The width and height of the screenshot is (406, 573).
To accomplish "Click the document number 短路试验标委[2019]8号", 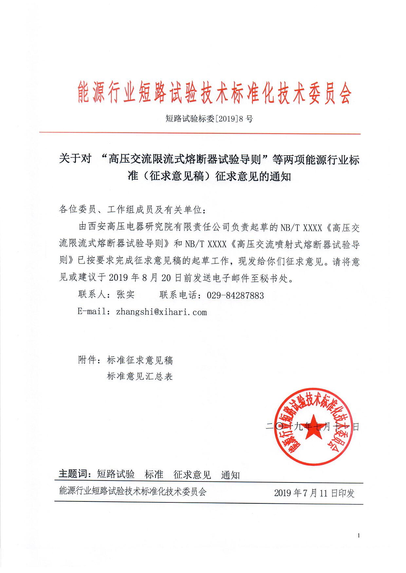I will click(x=209, y=119).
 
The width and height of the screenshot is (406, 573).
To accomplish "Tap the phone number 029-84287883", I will click(x=235, y=296).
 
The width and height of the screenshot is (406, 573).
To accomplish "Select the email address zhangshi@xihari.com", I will click(x=161, y=312).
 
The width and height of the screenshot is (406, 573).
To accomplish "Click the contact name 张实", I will click(x=125, y=295).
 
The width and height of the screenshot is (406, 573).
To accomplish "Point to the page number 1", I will click(x=359, y=535).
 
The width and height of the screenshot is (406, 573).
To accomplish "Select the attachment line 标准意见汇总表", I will click(x=140, y=377).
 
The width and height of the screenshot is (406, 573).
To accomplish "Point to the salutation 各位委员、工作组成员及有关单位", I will click(x=132, y=210).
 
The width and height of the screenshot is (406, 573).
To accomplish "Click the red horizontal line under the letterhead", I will click(x=200, y=133).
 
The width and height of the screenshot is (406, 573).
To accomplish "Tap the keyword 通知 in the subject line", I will click(x=230, y=475).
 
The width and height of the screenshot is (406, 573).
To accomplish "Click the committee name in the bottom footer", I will click(x=133, y=492).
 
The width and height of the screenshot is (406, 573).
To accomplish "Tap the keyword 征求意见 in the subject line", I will click(x=192, y=475).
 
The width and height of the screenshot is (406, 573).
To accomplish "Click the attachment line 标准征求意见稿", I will click(x=140, y=360).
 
